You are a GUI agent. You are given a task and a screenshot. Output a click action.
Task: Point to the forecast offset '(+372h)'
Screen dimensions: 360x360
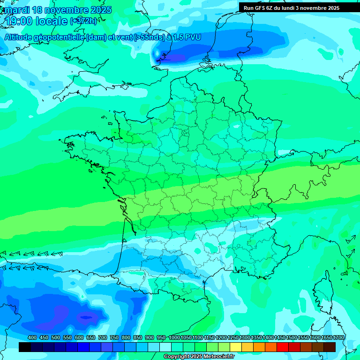click(x=83, y=21)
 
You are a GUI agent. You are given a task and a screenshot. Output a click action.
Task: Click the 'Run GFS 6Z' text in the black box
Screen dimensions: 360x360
click(x=259, y=8)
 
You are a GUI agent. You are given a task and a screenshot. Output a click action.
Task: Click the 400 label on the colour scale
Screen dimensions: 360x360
click(x=32, y=337)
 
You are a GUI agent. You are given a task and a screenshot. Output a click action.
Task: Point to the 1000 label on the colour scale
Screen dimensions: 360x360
click(x=174, y=337)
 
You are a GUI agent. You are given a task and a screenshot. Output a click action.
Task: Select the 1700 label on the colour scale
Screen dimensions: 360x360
click(x=338, y=337)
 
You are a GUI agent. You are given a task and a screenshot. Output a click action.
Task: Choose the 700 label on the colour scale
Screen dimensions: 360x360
click(x=102, y=337)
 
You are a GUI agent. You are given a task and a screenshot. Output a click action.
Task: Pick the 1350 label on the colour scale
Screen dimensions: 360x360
click(x=256, y=337)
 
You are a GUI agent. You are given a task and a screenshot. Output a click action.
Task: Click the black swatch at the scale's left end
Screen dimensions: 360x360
click(x=25, y=347)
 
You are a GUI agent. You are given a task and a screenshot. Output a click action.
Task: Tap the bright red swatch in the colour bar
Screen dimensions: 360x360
click(x=283, y=347)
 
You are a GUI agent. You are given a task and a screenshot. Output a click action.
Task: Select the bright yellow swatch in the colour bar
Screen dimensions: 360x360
click(x=236, y=347)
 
